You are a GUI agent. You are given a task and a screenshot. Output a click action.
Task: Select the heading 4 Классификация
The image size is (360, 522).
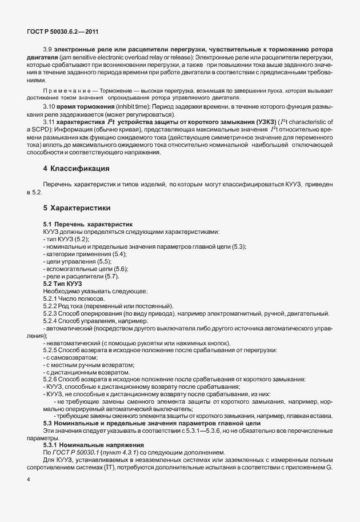point(77,168)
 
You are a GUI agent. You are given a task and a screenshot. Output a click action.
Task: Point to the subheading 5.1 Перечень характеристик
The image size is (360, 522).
point(87,225)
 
